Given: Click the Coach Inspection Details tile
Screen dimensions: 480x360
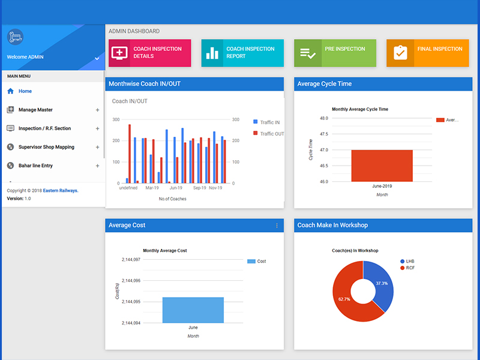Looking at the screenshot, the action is [149, 53].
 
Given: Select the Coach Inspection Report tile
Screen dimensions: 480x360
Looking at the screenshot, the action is [242, 53].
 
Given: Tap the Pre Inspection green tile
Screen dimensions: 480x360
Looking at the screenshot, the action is [335, 53].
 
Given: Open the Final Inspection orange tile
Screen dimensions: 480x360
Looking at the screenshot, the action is [428, 53].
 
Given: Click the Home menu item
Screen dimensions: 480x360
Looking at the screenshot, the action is [25, 91].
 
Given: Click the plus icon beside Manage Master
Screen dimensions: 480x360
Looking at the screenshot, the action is [97, 110].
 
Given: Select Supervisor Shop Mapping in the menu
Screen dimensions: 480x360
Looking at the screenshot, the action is [46, 147].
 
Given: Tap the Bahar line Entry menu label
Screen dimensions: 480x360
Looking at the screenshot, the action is [35, 166].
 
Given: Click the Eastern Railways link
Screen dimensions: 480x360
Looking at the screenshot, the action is [61, 190].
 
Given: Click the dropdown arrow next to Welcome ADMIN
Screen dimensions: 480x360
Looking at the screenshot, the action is [97, 58].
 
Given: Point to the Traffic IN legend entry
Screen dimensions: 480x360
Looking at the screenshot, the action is [266, 122].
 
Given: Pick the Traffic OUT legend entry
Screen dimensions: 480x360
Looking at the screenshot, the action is [268, 133].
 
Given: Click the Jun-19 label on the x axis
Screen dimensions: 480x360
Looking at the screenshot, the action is [176, 188].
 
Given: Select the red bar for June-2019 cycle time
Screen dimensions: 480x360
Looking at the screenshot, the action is [382, 166].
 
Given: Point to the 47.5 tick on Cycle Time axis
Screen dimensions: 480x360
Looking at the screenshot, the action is [323, 134].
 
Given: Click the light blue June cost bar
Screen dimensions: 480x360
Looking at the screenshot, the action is [193, 310].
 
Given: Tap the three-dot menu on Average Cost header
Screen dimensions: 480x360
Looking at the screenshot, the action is [277, 226].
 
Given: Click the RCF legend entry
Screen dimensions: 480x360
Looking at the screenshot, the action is [407, 268].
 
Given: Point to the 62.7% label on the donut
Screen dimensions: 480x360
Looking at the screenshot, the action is [344, 299].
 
